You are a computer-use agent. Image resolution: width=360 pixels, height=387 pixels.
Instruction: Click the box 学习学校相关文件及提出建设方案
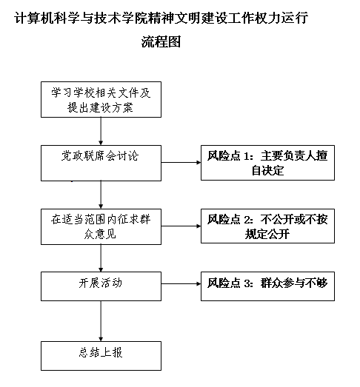pyautogui.click(x=101, y=99)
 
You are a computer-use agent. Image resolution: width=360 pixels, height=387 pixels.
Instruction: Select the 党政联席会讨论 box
pyautogui.click(x=101, y=163)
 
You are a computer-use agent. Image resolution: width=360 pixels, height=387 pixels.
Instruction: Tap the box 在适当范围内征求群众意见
pyautogui.click(x=101, y=227)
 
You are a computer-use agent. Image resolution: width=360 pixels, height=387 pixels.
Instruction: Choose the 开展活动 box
pyautogui.click(x=101, y=286)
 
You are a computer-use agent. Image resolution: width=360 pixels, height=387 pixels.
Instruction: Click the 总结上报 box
pyautogui.click(x=101, y=356)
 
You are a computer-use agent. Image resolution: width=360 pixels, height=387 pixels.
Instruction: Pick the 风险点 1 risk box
pyautogui.click(x=267, y=163)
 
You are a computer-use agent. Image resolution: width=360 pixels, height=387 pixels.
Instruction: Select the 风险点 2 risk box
pyautogui.click(x=267, y=226)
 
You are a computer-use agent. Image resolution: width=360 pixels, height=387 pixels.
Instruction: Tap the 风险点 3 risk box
pyautogui.click(x=267, y=286)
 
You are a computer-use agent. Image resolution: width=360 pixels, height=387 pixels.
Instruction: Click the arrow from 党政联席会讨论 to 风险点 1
pyautogui.click(x=181, y=162)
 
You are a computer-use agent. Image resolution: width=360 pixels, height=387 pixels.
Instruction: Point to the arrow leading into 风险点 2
pyautogui.click(x=181, y=226)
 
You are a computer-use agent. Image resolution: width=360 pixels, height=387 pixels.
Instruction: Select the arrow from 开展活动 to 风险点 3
pyautogui.click(x=181, y=284)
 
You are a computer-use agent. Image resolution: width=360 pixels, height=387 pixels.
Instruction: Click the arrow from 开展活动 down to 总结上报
pyautogui.click(x=101, y=321)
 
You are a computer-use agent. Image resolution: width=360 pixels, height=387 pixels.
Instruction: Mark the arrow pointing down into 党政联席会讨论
pyautogui.click(x=101, y=131)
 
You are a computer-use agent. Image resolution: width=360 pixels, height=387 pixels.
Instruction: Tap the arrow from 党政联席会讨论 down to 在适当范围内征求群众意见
pyautogui.click(x=101, y=195)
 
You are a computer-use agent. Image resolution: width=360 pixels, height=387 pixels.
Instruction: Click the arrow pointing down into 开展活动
pyautogui.click(x=101, y=258)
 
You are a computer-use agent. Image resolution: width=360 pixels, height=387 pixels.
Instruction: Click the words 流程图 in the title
pyautogui.click(x=161, y=41)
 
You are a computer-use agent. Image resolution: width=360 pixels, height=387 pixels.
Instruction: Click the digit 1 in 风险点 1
pyautogui.click(x=247, y=156)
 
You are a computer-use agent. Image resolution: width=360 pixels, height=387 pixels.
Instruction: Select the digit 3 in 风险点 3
pyautogui.click(x=247, y=283)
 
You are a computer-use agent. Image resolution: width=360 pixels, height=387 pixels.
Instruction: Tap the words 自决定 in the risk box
pyautogui.click(x=268, y=170)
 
